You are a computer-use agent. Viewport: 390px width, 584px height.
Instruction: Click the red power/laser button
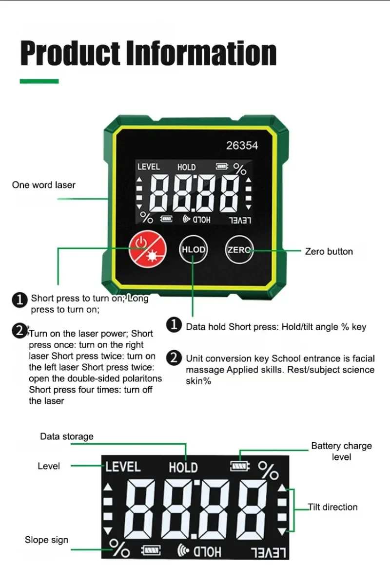(147, 250)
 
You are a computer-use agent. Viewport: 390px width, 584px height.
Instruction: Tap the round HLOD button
(193, 250)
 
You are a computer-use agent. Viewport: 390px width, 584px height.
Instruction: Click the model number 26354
(242, 146)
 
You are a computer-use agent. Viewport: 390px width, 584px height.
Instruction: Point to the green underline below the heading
(39, 81)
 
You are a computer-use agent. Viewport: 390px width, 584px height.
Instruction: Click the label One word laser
(44, 185)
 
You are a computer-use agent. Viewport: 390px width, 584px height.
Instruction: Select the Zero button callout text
(329, 251)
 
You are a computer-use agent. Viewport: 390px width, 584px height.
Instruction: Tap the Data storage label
(66, 436)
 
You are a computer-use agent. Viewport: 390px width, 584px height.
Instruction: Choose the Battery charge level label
(341, 451)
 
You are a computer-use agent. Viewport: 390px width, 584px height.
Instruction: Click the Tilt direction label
(333, 507)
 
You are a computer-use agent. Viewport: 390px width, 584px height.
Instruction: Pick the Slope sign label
(46, 540)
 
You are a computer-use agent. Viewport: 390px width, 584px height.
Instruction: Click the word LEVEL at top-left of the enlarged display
(123, 467)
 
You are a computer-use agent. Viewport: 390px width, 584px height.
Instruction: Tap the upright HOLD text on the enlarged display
(183, 468)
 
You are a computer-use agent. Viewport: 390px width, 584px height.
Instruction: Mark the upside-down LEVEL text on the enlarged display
(269, 552)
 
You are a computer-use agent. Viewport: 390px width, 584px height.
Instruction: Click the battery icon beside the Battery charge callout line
(239, 467)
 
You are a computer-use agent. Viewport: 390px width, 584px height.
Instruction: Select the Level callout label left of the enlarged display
(49, 466)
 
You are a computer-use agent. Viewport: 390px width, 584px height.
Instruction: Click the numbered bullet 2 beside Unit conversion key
(174, 358)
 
